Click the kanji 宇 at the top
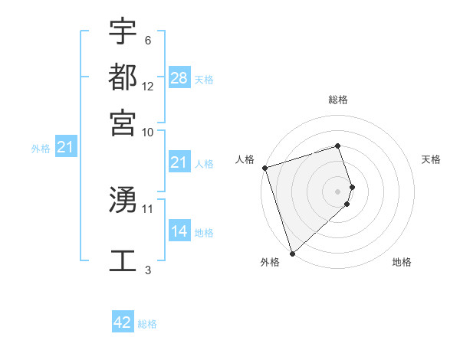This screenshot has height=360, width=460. tap(123, 32)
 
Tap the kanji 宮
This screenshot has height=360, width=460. tap(123, 122)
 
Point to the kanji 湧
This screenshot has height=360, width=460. tap(123, 200)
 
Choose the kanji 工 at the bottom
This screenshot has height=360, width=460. tap(123, 260)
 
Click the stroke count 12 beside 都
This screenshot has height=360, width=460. tap(148, 87)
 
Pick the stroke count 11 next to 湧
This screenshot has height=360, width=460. tap(148, 208)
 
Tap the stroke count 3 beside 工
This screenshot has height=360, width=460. tap(148, 269)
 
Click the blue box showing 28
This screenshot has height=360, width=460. tap(179, 78)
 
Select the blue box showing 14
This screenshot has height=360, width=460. tap(179, 231)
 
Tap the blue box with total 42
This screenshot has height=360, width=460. tap(123, 322)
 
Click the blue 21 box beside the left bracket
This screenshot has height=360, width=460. tap(65, 147)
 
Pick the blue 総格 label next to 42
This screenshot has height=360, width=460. tap(147, 324)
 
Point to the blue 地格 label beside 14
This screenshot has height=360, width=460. tap(204, 233)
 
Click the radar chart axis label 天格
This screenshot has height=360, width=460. tap(431, 159)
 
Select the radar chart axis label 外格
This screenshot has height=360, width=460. tap(269, 262)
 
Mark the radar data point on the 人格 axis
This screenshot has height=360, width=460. tap(264, 168)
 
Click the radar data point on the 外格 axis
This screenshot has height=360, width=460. tap(292, 254)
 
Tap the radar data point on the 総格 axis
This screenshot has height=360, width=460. tap(337, 146)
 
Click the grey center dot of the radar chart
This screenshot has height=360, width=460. tap(338, 191)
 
